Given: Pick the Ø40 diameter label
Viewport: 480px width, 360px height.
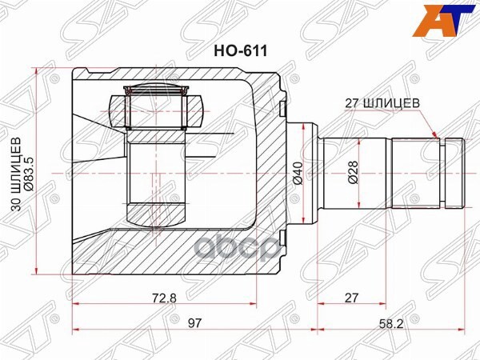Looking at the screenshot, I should point(297,173).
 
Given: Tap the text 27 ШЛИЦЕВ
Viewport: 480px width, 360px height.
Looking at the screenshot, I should point(381,102).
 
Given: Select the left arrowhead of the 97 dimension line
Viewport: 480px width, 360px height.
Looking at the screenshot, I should point(76,329).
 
